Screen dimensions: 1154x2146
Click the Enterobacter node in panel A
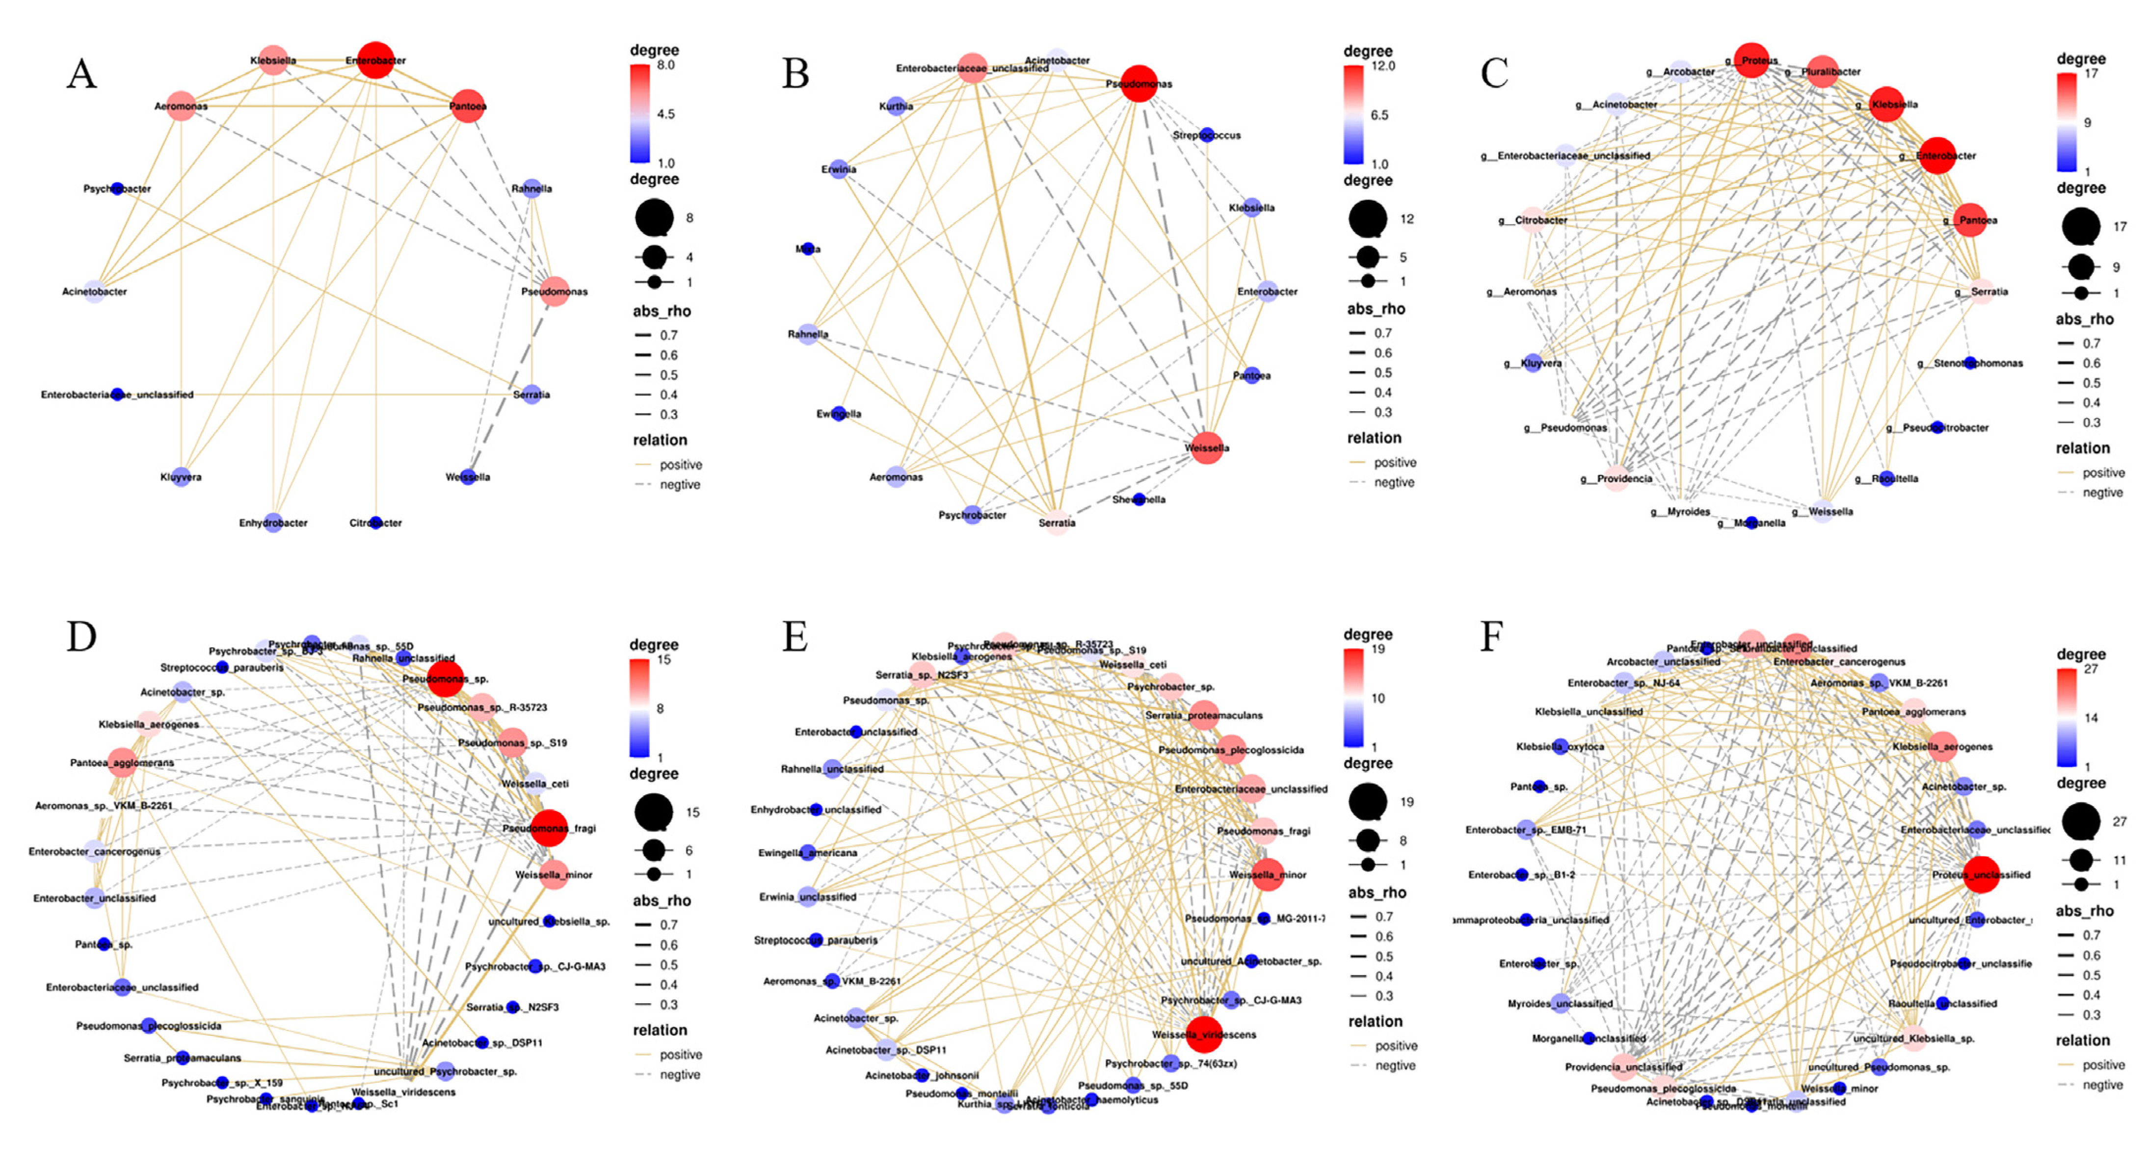(x=376, y=60)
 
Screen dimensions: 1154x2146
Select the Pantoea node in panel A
(x=467, y=106)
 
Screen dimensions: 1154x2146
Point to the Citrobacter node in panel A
(x=376, y=523)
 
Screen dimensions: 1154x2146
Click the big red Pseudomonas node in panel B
(x=1139, y=83)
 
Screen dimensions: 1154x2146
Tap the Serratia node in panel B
(x=1057, y=523)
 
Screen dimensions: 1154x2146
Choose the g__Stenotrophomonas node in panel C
(x=1969, y=363)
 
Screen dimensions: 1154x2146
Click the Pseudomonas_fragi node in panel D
(x=549, y=828)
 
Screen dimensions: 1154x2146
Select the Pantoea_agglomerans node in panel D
(x=123, y=762)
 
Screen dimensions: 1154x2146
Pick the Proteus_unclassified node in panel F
(x=1981, y=875)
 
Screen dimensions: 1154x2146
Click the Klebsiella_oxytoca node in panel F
(x=1561, y=747)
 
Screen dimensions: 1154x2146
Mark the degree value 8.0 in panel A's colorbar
(x=665, y=65)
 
